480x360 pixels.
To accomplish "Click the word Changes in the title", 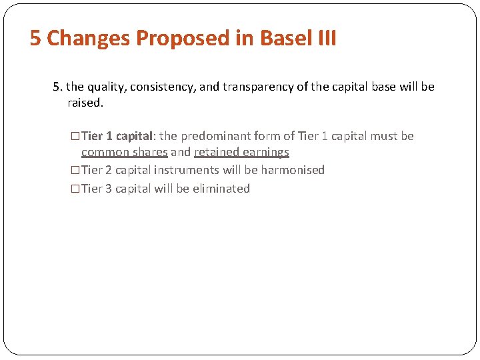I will coord(88,38).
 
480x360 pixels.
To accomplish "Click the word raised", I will coord(86,103).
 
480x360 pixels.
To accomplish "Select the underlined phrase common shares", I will coord(124,153).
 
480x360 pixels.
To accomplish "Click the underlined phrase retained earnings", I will coord(241,153).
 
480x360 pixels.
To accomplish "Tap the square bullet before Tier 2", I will coord(75,170).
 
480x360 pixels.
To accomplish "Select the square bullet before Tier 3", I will coord(75,189).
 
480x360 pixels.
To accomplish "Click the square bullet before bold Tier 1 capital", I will coord(75,136).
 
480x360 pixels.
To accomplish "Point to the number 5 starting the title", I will coord(35,38).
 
